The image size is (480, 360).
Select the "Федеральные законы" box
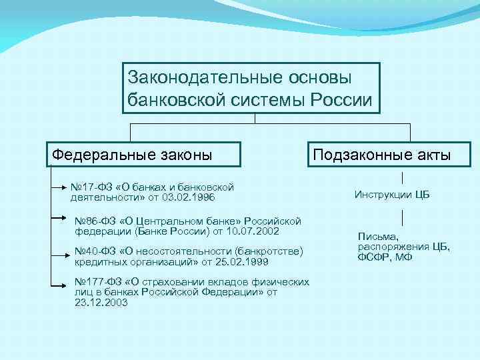pos(144,155)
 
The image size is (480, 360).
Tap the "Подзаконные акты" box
pos(382,155)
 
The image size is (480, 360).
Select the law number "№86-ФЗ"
pos(97,221)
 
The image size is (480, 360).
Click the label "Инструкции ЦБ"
pos(392,195)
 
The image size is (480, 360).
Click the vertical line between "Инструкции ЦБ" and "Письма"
pos(402,217)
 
